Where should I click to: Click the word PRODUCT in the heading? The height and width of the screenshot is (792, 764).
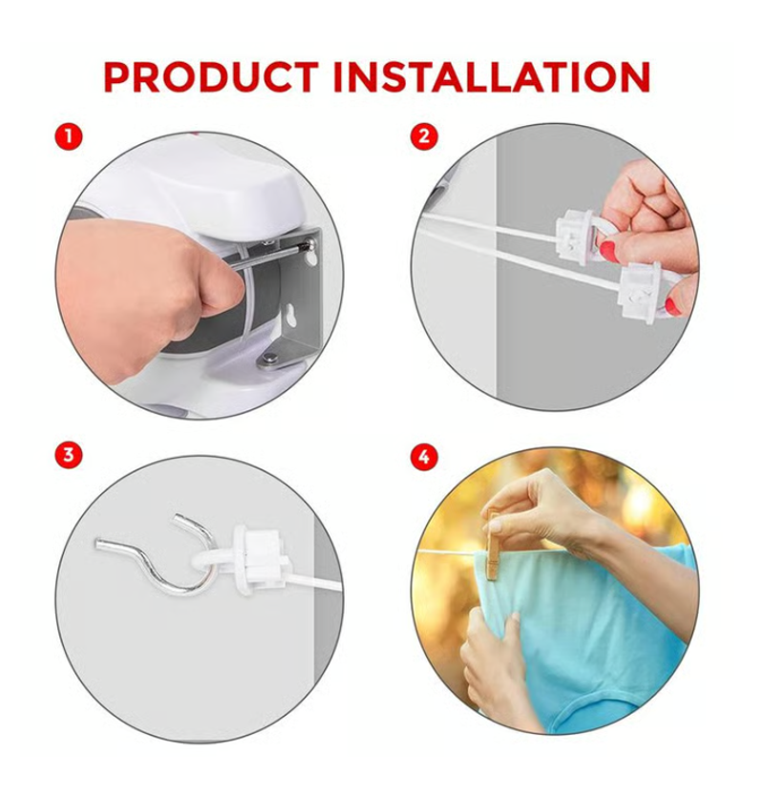(x=211, y=77)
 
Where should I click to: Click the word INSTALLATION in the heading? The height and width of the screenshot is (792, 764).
(x=492, y=77)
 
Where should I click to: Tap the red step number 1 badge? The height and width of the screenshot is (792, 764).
(x=68, y=136)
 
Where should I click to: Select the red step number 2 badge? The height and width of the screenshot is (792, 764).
(x=424, y=136)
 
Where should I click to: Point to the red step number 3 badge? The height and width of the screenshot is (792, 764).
(x=68, y=455)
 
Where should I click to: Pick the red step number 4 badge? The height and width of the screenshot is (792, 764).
(x=424, y=456)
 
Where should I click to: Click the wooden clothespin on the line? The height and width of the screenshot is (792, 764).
(x=494, y=547)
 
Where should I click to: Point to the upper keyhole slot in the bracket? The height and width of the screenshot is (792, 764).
(x=311, y=257)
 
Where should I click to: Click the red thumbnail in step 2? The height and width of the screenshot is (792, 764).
(x=608, y=251)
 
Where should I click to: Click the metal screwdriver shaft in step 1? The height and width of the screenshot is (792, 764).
(x=268, y=255)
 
